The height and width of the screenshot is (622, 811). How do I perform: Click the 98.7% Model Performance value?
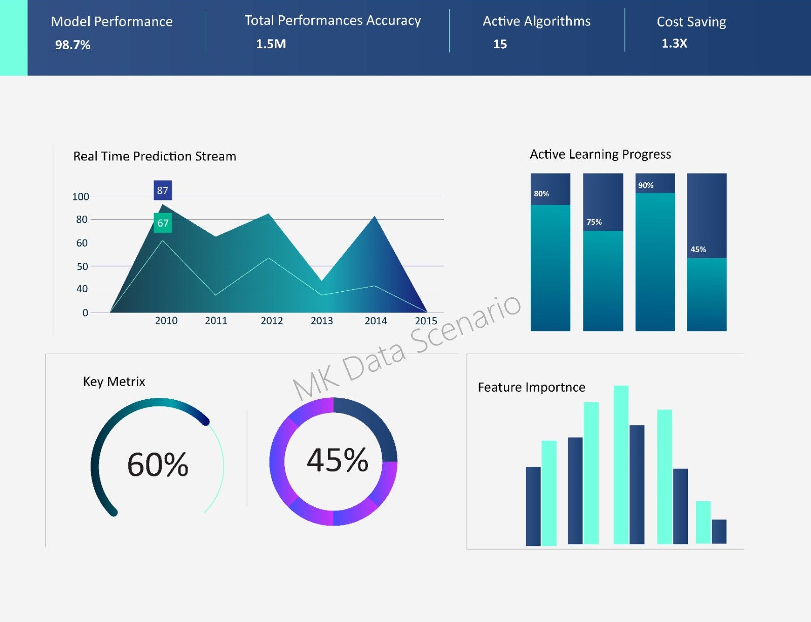point(72,45)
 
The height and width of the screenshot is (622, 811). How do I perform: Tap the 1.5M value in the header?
point(271,44)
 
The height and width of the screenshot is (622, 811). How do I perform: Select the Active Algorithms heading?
point(536,21)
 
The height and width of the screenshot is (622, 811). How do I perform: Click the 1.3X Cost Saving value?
point(674,43)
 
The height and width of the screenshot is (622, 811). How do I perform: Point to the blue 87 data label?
point(163,190)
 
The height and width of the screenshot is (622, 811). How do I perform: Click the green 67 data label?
point(163,223)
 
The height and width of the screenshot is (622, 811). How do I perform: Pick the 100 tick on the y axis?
point(80,196)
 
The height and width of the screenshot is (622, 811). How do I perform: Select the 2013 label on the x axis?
point(321,321)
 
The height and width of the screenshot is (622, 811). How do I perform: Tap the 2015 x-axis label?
point(426,321)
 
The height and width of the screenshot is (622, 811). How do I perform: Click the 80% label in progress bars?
point(541,194)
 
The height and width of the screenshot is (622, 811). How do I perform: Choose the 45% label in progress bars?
point(698,250)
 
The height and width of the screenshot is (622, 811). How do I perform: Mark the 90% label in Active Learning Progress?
point(645,185)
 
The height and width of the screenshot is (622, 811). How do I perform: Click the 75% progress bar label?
point(594,222)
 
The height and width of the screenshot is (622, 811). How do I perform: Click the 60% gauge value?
point(158,464)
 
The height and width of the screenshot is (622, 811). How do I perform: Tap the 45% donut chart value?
point(337,460)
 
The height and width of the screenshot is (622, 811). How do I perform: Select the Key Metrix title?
point(114,382)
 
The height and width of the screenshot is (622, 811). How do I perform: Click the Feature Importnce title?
point(531,388)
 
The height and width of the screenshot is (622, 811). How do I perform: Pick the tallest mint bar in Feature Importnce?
point(621,464)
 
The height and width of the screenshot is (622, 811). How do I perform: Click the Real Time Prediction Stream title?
point(155,156)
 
